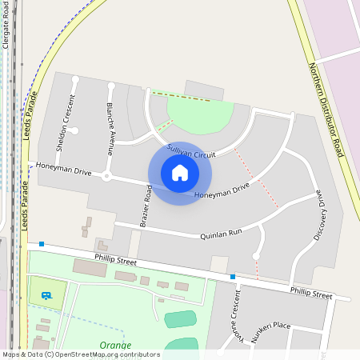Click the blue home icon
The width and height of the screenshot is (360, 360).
(x=180, y=172)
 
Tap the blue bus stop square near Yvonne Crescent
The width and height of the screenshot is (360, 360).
(x=233, y=277)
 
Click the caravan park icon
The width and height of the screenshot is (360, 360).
(x=47, y=295)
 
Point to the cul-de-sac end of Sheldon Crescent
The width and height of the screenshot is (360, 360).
(x=74, y=79)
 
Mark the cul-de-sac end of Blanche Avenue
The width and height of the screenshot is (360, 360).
(x=110, y=85)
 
